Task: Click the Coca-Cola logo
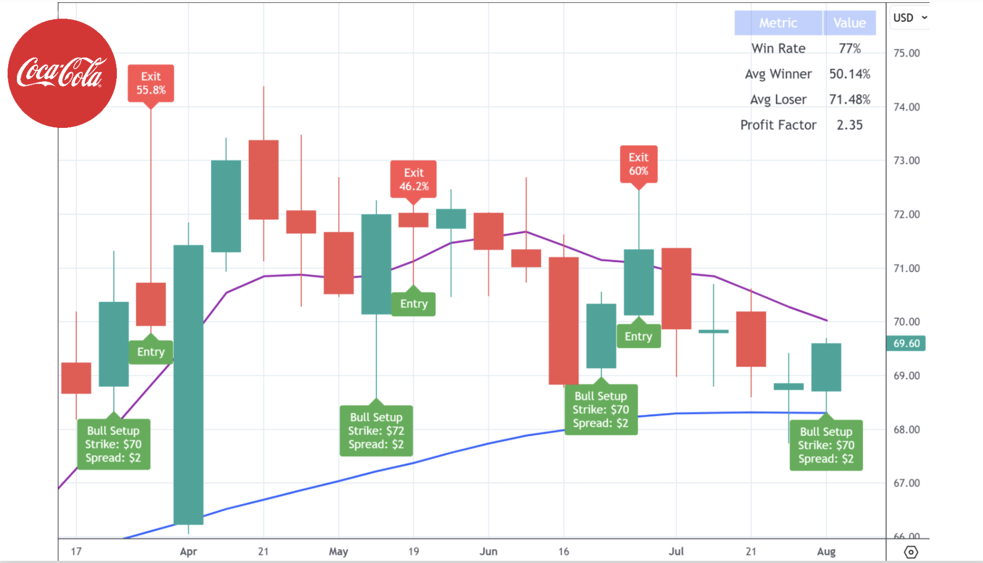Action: pyautogui.click(x=62, y=73)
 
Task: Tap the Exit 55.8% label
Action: pyautogui.click(x=151, y=83)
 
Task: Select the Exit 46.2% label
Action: pyautogui.click(x=413, y=179)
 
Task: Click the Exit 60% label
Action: pyautogui.click(x=639, y=164)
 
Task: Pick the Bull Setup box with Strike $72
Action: pyautogui.click(x=376, y=431)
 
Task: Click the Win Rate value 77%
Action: pyautogui.click(x=850, y=49)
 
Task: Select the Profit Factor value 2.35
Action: pyautogui.click(x=850, y=125)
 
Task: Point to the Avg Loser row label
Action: pyautogui.click(x=778, y=99)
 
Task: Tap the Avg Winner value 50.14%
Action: pyautogui.click(x=850, y=74)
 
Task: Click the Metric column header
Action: pyautogui.click(x=778, y=23)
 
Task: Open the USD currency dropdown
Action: pyautogui.click(x=910, y=17)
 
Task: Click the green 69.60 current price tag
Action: pyautogui.click(x=906, y=343)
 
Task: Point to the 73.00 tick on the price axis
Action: pyautogui.click(x=906, y=161)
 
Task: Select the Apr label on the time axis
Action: pyautogui.click(x=188, y=552)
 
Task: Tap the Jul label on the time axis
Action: pyautogui.click(x=676, y=552)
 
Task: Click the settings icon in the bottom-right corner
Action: pyautogui.click(x=911, y=552)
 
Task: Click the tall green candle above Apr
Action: pyautogui.click(x=189, y=383)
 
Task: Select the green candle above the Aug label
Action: pyautogui.click(x=826, y=367)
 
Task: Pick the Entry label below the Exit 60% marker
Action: pyautogui.click(x=639, y=337)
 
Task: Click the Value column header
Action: pyautogui.click(x=850, y=23)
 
